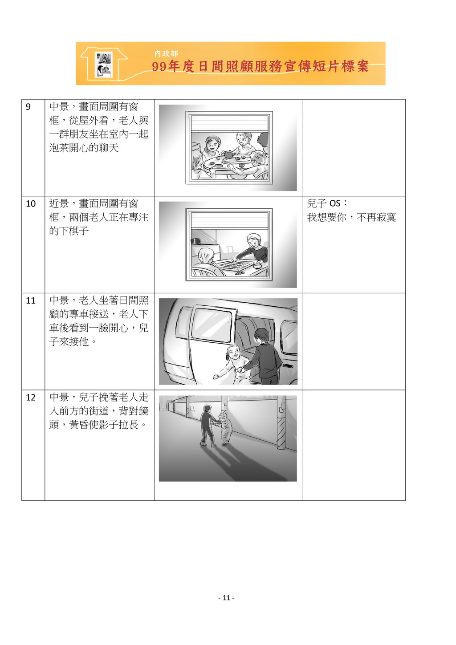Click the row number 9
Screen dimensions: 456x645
point(28,107)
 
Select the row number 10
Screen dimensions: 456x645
point(31,204)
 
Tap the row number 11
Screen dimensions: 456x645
point(31,300)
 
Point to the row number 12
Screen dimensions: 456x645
point(31,398)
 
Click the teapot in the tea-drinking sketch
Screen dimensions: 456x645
point(229,154)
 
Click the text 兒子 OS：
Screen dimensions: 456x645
point(327,203)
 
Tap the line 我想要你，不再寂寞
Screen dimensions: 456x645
point(351,217)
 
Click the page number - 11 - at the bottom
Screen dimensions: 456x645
point(226,598)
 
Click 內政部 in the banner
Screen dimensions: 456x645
point(166,53)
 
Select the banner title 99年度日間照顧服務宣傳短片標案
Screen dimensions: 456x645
point(260,66)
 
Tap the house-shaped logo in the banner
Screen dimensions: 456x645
point(104,64)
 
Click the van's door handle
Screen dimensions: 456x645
point(288,366)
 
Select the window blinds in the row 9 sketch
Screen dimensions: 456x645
point(229,124)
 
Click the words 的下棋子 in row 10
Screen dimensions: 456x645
point(69,231)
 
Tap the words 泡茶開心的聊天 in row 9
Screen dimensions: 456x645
point(84,148)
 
